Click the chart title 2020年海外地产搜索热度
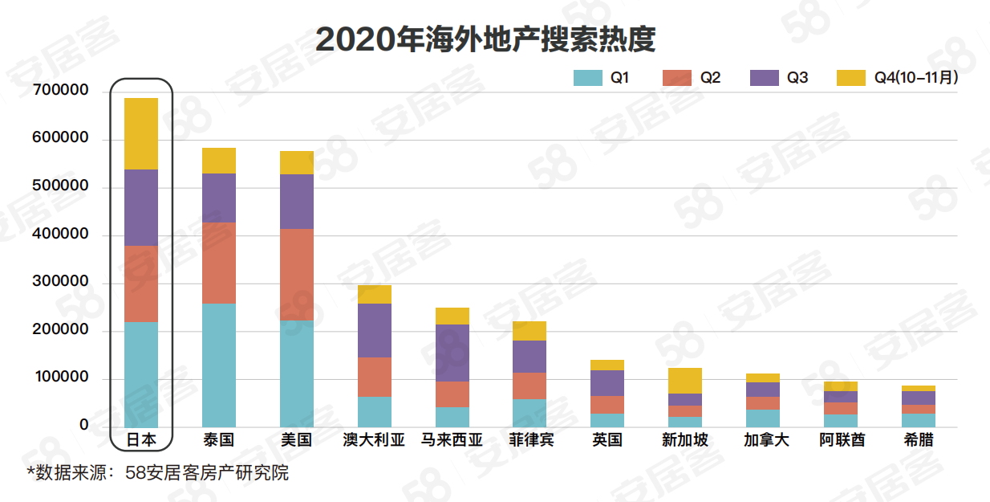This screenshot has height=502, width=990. (x=485, y=39)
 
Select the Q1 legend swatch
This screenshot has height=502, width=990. (x=588, y=78)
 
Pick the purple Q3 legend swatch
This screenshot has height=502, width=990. (x=765, y=78)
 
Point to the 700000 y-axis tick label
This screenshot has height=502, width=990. (x=61, y=91)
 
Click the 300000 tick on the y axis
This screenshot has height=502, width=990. (x=61, y=282)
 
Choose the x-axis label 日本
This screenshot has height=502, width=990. (x=141, y=440)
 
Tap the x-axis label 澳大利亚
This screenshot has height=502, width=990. (x=374, y=440)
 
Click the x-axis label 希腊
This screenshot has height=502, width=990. (x=918, y=440)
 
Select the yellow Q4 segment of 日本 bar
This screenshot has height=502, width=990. (x=141, y=133)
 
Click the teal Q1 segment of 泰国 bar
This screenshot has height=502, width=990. (x=219, y=365)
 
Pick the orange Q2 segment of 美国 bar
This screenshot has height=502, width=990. (x=297, y=275)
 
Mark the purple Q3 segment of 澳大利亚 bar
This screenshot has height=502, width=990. (x=374, y=330)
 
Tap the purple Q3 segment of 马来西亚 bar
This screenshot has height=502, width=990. (x=452, y=353)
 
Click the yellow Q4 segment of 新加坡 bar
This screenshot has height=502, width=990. (x=685, y=381)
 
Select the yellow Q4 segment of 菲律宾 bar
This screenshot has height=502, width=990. (x=529, y=331)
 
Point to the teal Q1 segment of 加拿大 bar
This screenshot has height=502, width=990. (x=762, y=418)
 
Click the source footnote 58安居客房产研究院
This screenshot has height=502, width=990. (x=207, y=473)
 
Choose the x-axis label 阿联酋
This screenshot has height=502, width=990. (x=841, y=440)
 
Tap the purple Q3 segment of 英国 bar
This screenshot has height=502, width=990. (x=607, y=383)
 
